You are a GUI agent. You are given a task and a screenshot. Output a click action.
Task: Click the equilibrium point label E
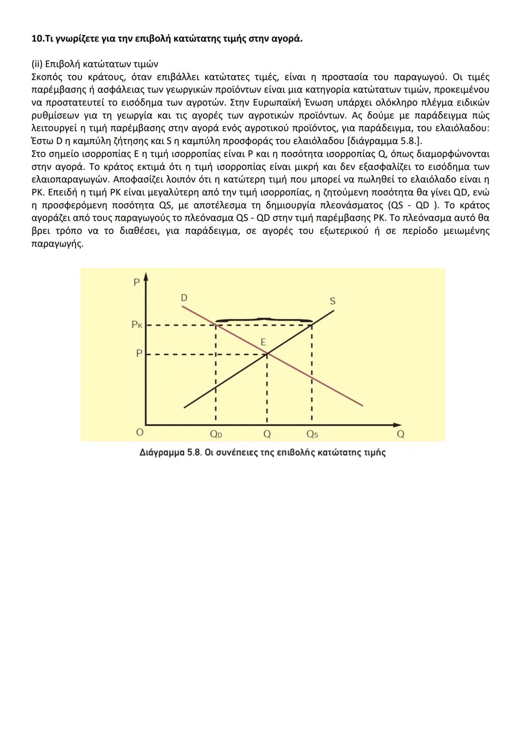tap(263, 342)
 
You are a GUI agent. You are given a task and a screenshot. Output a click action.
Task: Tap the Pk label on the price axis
tap(137, 325)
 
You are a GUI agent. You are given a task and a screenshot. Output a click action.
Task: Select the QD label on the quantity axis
tap(216, 434)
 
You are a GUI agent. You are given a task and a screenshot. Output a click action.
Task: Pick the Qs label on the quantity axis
tap(313, 434)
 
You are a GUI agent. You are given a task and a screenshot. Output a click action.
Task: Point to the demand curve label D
tap(184, 298)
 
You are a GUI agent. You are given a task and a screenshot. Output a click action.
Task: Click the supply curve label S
tap(332, 301)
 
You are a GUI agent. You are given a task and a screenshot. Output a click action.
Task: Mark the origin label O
tap(139, 432)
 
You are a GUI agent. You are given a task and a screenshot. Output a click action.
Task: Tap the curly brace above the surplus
tap(263, 320)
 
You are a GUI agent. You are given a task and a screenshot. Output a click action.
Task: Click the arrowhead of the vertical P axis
tap(146, 277)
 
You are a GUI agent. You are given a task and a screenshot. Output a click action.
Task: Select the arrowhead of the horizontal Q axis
tap(398, 425)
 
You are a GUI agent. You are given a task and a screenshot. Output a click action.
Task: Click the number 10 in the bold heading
tap(36, 39)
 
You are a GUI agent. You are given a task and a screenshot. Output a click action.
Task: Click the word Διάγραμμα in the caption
tap(162, 453)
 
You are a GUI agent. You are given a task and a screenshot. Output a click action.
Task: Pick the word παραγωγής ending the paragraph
tap(57, 243)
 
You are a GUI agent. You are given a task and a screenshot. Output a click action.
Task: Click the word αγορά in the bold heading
tap(288, 39)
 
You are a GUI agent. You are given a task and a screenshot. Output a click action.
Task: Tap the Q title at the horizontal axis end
tap(400, 434)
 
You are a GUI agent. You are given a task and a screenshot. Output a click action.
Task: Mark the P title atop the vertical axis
tap(137, 282)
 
